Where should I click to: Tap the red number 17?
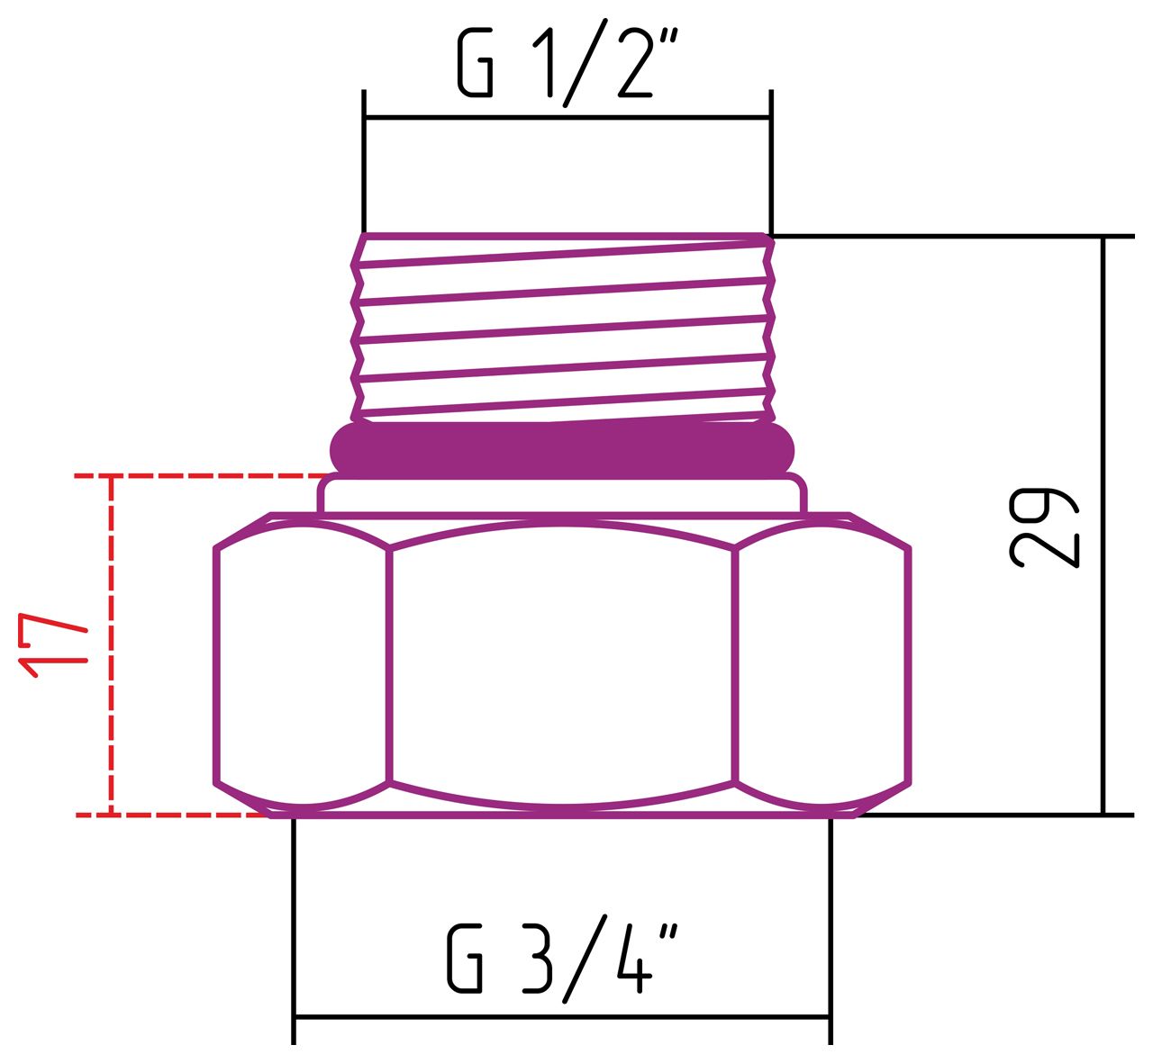point(54,646)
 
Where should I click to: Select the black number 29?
point(1042,528)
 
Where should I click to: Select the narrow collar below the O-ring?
point(561,495)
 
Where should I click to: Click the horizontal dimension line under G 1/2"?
point(567,117)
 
